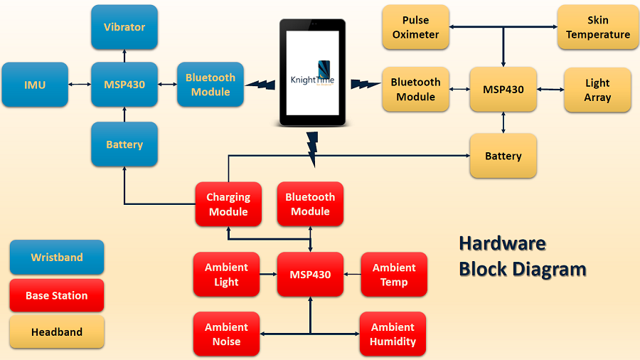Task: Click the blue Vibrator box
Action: [x=124, y=27]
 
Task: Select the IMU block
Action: [x=35, y=85]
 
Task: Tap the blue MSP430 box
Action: [x=124, y=85]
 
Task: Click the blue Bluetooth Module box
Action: [x=210, y=85]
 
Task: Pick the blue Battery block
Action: [x=124, y=144]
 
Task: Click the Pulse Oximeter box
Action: [x=415, y=28]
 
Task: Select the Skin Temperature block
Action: [x=597, y=28]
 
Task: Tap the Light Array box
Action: [x=597, y=90]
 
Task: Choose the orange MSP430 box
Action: [x=503, y=90]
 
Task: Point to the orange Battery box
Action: [x=503, y=156]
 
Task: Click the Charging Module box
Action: [x=228, y=204]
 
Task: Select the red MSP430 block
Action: [x=310, y=275]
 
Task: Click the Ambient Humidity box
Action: [x=393, y=334]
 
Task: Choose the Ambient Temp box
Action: [x=394, y=275]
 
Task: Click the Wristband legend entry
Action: [x=57, y=258]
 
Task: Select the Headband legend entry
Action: [x=57, y=332]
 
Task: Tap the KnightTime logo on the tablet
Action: [x=313, y=74]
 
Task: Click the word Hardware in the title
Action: [x=502, y=243]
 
